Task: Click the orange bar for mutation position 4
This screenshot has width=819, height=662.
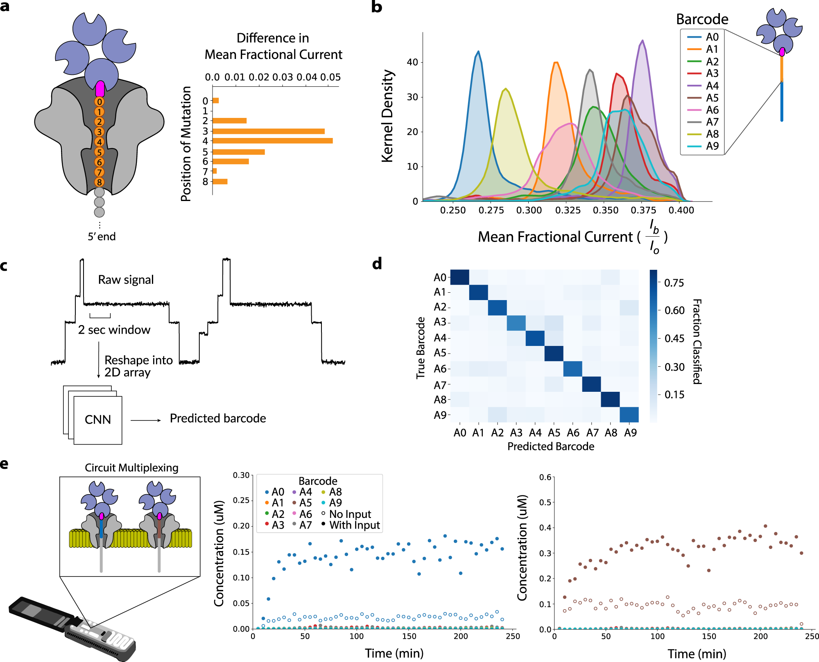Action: point(272,141)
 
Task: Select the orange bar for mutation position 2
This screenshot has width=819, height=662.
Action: point(229,121)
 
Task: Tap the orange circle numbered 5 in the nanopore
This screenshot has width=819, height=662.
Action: point(99,152)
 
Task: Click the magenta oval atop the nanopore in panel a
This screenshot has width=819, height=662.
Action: point(100,89)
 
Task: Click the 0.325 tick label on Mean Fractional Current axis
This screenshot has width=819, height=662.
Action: point(568,210)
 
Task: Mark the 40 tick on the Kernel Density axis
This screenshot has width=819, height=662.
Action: point(412,62)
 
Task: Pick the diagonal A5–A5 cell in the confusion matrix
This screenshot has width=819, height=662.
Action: point(554,353)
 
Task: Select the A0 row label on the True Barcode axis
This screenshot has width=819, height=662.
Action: point(440,278)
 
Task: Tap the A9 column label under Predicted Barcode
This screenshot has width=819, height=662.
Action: point(630,433)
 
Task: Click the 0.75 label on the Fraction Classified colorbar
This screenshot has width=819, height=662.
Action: point(674,283)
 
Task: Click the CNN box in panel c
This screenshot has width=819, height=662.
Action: point(98,420)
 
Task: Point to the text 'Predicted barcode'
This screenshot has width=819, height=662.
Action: point(218,418)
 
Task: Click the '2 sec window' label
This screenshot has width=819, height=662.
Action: point(114,330)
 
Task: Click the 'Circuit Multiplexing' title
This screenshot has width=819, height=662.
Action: point(131,468)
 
